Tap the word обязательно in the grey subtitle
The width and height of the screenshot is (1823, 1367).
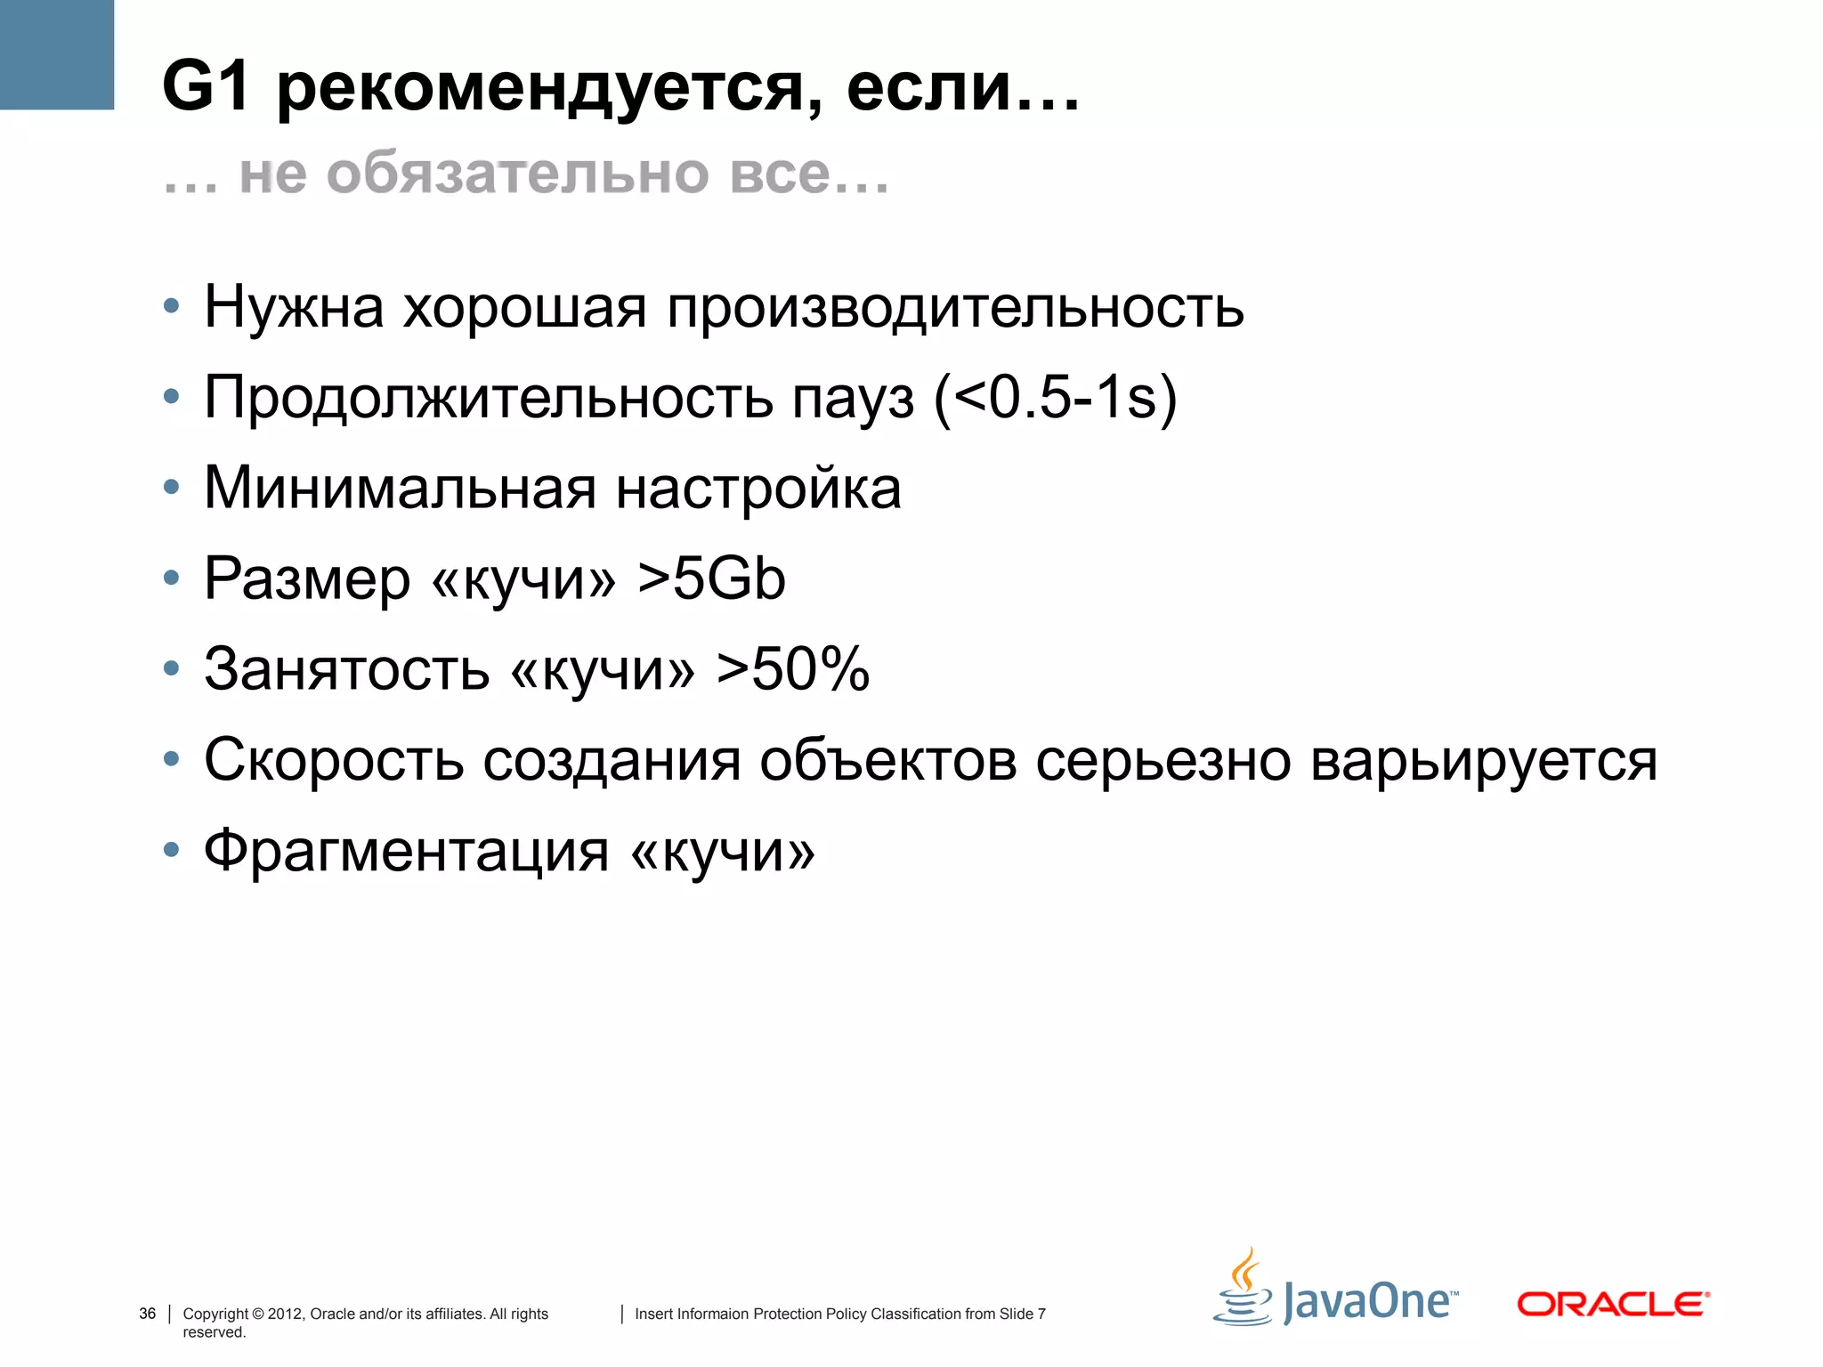[x=518, y=173]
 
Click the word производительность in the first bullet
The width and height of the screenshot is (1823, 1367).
[x=955, y=307]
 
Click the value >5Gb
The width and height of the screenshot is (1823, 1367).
[x=711, y=578]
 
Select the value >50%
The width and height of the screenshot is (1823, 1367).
[x=793, y=668]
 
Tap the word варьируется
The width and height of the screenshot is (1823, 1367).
[x=1483, y=762]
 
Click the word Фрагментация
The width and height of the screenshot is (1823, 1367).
[x=406, y=851]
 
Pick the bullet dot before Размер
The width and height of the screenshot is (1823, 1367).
[x=172, y=578]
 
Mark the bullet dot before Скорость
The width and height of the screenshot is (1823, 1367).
[x=172, y=759]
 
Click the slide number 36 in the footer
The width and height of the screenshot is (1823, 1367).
[x=148, y=1314]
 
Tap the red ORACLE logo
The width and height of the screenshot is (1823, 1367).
[x=1612, y=1305]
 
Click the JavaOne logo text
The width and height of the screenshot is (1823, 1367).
[x=1369, y=1302]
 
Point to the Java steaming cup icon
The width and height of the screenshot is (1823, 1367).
[x=1244, y=1290]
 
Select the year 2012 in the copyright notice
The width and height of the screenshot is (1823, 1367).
[x=285, y=1314]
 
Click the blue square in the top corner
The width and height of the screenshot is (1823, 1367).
[x=57, y=54]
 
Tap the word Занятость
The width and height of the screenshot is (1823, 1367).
[x=346, y=669]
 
